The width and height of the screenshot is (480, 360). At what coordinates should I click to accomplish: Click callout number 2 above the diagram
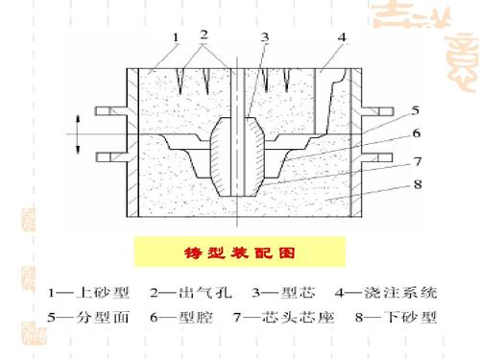(204, 35)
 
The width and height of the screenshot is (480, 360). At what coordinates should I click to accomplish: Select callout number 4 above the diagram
(342, 36)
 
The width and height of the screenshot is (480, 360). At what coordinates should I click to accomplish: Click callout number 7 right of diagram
(415, 160)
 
